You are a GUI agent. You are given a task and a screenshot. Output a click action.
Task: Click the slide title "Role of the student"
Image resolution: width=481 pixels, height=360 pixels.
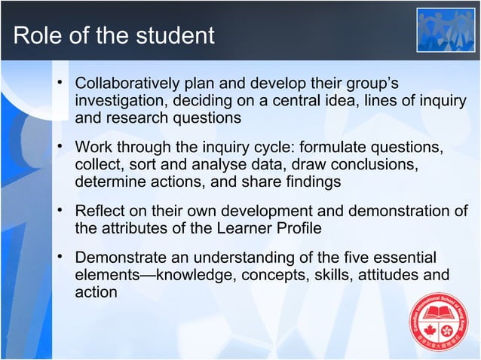point(114,35)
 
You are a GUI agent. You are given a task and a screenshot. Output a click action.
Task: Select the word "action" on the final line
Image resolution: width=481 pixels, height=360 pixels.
point(96,291)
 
